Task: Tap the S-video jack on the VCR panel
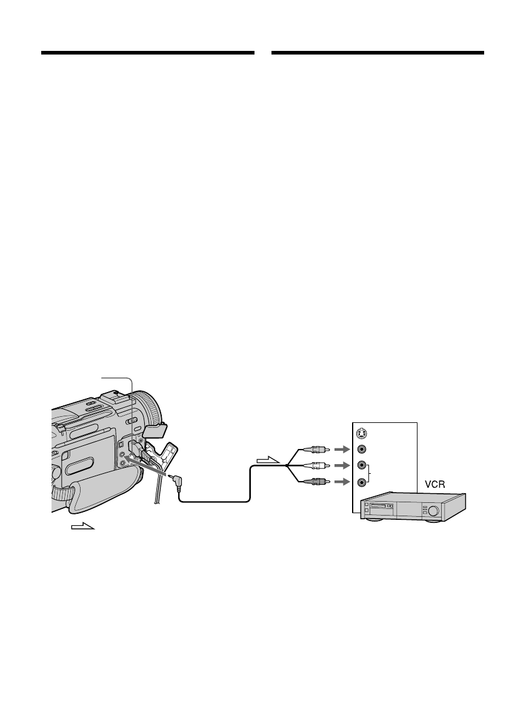coord(362,433)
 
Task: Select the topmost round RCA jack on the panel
coord(362,450)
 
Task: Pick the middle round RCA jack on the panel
coord(362,466)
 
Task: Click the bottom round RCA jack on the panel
coord(362,482)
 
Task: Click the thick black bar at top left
coord(147,53)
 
